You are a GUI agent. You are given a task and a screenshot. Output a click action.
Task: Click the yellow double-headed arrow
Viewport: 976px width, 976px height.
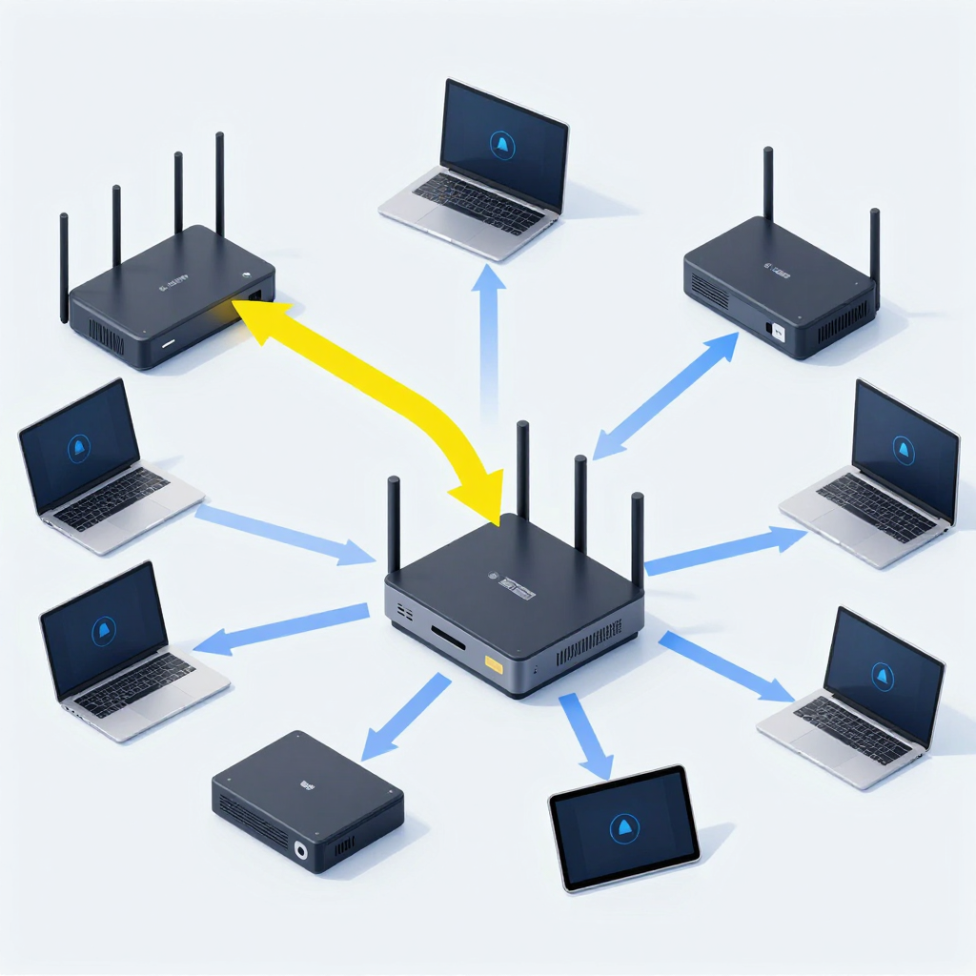tap(381, 381)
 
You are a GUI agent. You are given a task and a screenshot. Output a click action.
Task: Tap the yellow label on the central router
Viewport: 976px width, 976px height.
tap(494, 663)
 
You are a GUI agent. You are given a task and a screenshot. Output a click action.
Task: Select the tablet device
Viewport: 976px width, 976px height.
tap(624, 826)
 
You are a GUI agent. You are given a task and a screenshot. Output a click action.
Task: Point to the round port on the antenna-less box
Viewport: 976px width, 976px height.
tap(302, 850)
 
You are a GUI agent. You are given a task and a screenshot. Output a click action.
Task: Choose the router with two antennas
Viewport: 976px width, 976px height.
tap(780, 286)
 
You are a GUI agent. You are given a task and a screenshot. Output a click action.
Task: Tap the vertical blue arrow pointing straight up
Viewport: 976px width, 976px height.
tap(489, 334)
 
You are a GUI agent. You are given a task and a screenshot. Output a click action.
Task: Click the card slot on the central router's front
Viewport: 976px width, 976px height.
tap(448, 637)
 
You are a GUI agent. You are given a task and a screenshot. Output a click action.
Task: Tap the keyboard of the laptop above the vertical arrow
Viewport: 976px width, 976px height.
tap(477, 202)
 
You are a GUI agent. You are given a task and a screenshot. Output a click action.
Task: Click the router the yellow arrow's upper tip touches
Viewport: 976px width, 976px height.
tap(172, 295)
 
